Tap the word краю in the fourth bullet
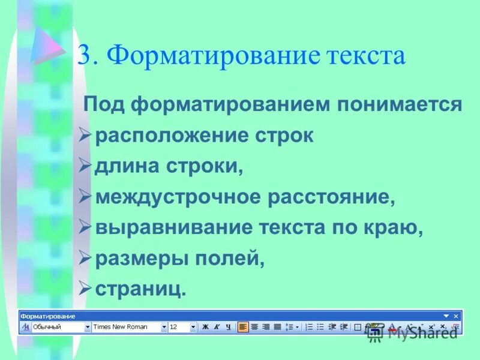[395, 228]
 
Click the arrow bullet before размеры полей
[85, 259]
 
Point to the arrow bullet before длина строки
[85, 166]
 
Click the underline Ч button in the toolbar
[227, 327]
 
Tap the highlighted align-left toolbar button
[242, 327]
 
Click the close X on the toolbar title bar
[456, 316]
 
